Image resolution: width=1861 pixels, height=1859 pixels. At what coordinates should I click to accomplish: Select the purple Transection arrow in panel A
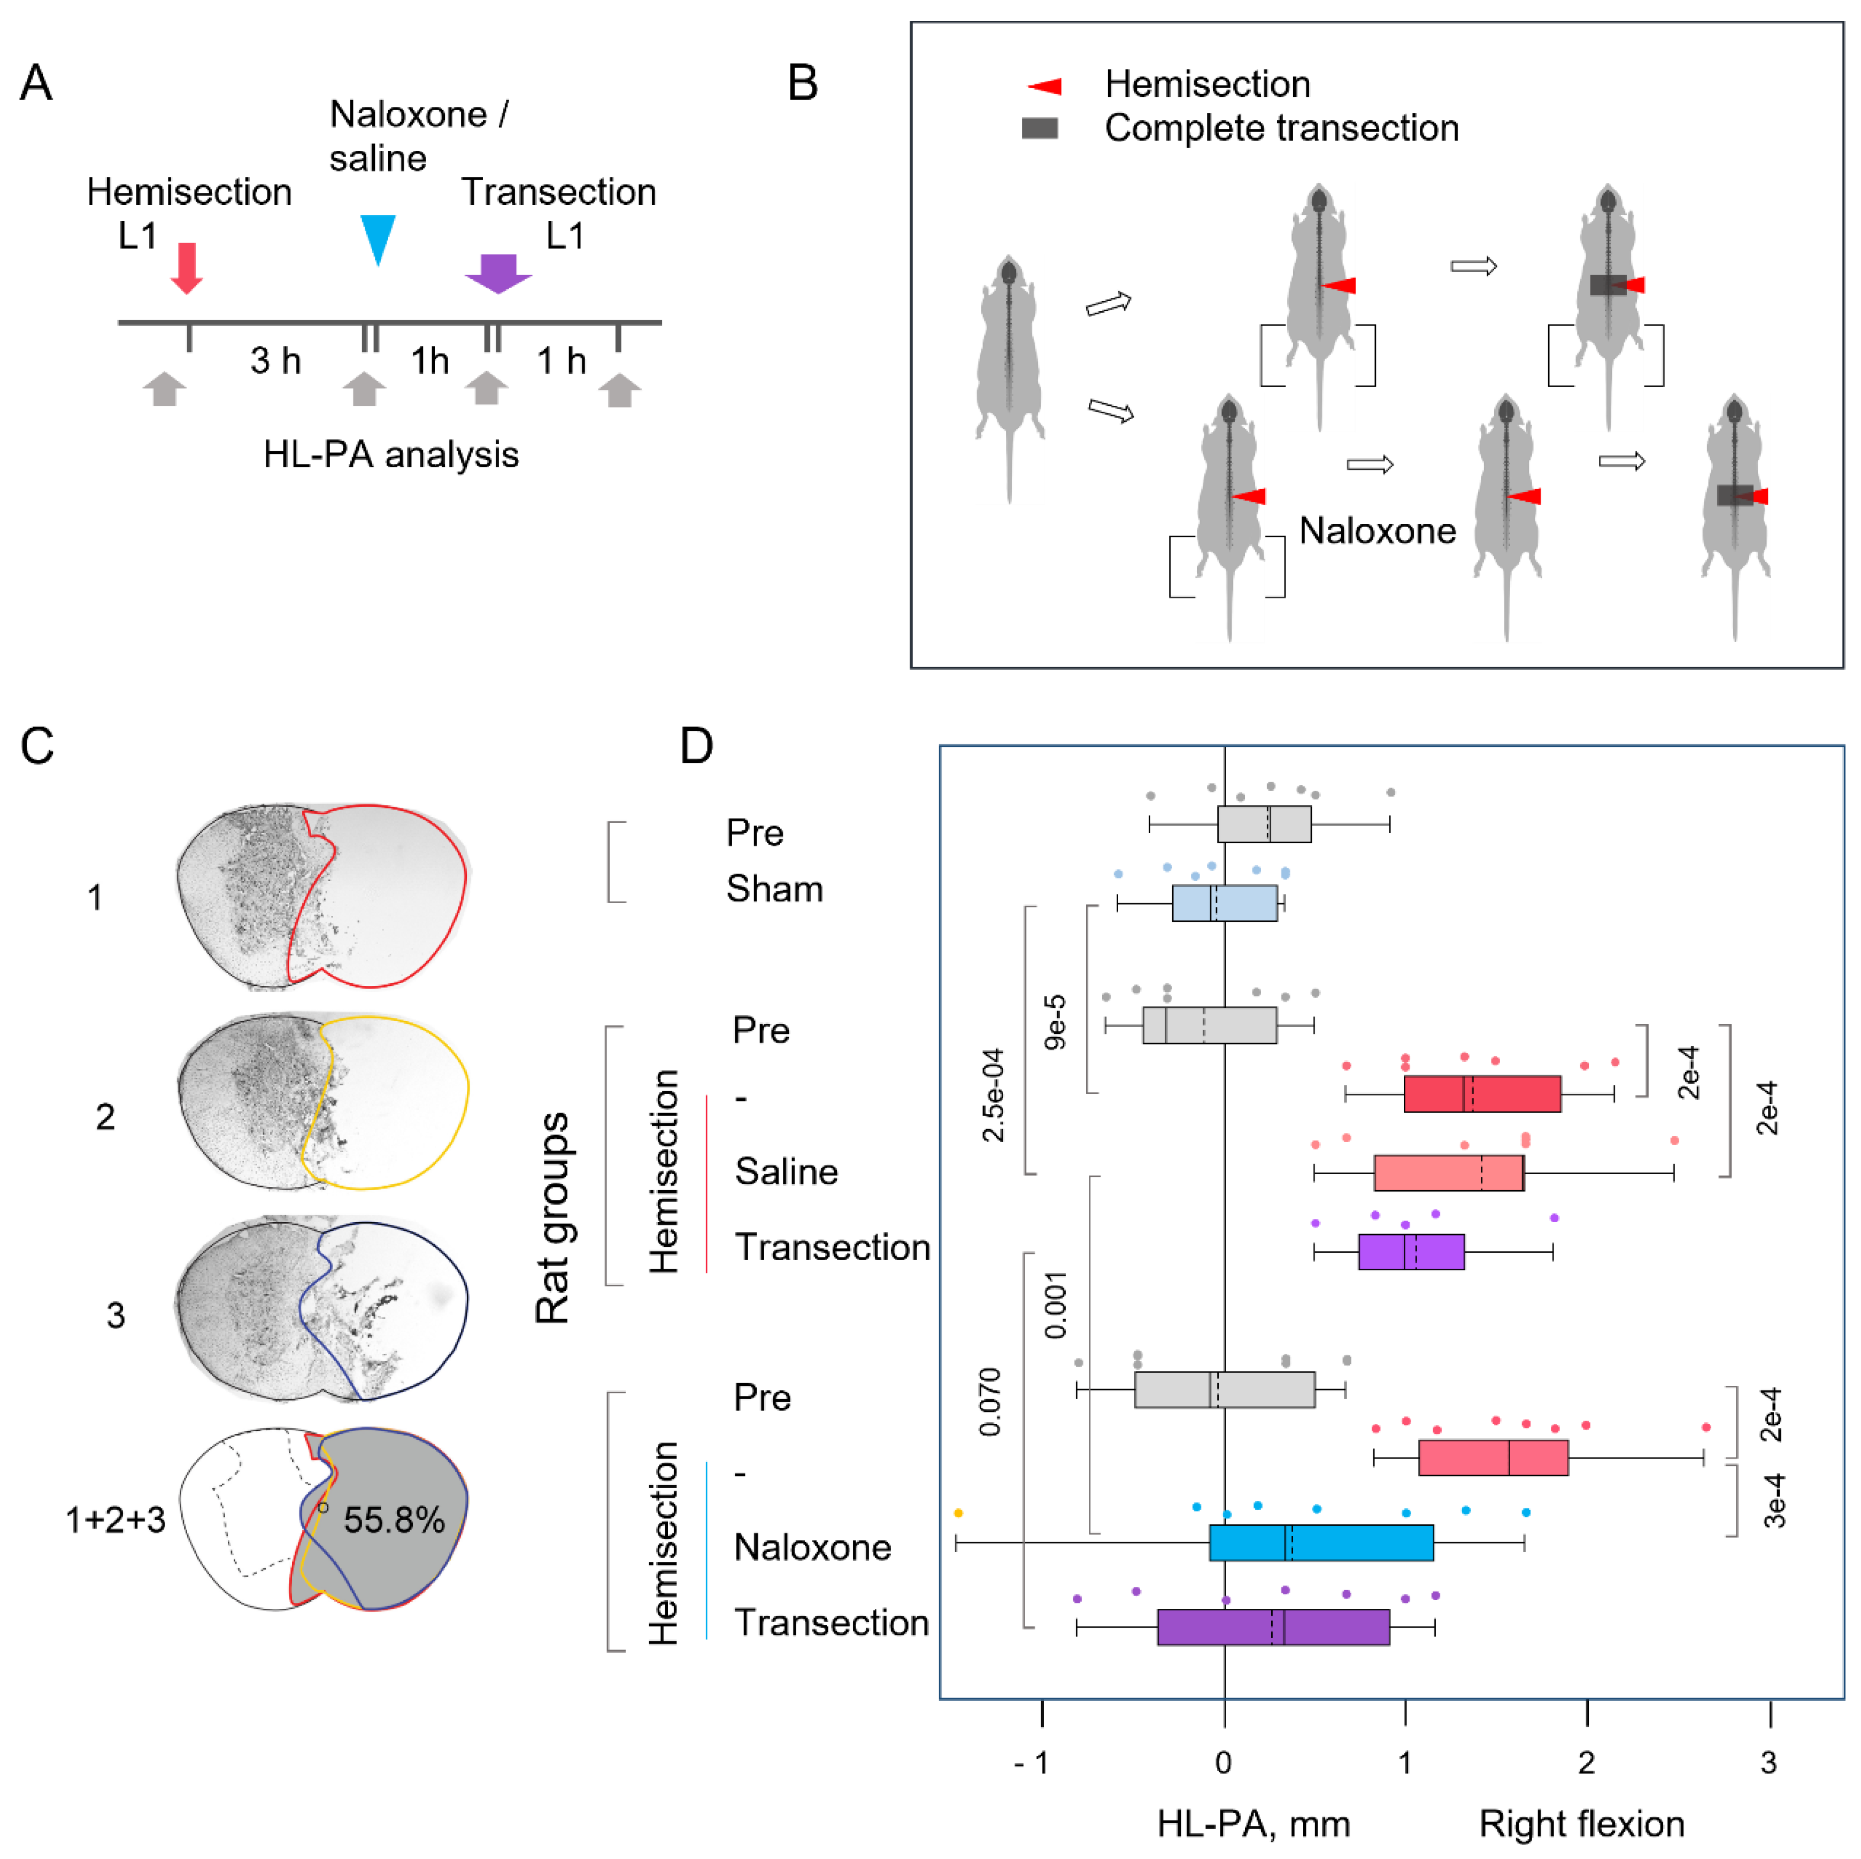coord(498,273)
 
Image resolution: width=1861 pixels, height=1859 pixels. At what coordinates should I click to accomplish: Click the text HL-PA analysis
coord(390,454)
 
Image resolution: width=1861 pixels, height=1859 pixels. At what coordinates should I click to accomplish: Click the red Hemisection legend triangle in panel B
coord(1045,87)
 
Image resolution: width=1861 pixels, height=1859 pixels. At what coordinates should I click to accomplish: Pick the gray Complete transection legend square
coord(1040,128)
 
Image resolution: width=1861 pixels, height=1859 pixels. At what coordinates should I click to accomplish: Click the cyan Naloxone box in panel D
coord(1321,1542)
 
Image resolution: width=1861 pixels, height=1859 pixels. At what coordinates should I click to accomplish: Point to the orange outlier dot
coord(957,1513)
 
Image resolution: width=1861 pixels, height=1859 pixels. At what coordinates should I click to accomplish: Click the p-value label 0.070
coord(989,1401)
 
